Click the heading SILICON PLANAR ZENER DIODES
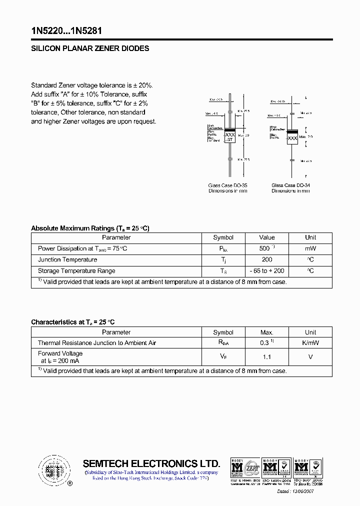tap(90, 49)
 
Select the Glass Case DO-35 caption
tap(227, 185)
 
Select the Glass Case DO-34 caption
tap(290, 185)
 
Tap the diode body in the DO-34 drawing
tap(292, 136)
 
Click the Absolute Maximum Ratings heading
tap(90, 228)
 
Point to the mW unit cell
tap(310, 248)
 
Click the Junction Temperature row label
tap(67, 259)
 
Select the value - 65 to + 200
tap(266, 270)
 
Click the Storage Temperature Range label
tap(76, 270)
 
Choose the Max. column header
tap(266, 332)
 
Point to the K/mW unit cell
tap(310, 343)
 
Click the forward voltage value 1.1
tap(266, 356)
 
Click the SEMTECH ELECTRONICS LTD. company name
tap(151, 463)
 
